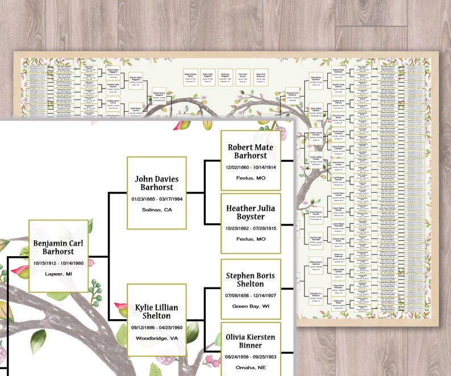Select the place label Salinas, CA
(x=156, y=210)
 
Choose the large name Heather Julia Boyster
(x=250, y=212)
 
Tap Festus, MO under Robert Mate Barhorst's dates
(x=250, y=178)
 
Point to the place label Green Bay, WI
(x=250, y=307)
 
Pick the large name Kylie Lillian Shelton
(x=156, y=312)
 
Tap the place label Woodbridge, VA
(x=156, y=339)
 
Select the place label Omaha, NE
(x=250, y=367)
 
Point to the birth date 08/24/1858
(x=234, y=357)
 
